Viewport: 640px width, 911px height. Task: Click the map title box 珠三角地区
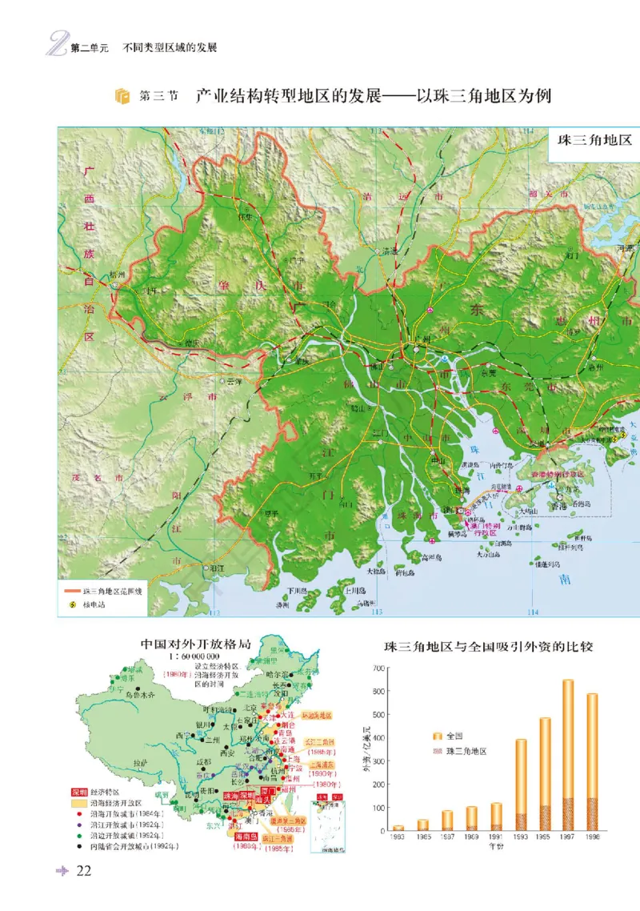pos(594,139)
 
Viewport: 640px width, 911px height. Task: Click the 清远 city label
pos(390,251)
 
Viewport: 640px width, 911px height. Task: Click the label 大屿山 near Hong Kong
pos(529,509)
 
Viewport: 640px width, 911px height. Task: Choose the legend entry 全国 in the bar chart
pos(456,736)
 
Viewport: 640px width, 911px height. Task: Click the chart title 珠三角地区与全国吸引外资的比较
pos(488,645)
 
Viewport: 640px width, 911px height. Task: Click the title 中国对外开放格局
pos(189,643)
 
